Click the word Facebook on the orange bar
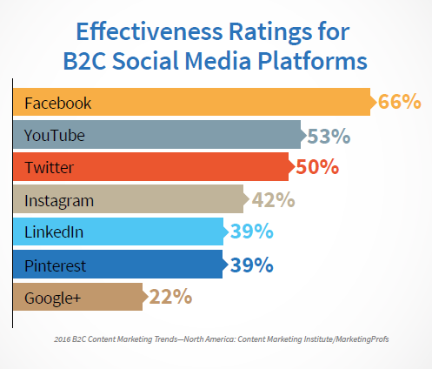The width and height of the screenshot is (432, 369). pos(58,103)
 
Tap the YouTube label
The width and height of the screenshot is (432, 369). pos(55,136)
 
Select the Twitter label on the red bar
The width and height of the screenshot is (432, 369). pos(50,167)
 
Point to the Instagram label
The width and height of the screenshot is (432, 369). pos(59,201)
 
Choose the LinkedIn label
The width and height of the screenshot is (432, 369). pos(54,232)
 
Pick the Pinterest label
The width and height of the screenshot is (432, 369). pos(55,265)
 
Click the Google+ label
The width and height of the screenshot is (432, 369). pos(52,299)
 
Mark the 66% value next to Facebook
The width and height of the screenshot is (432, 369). pos(400,101)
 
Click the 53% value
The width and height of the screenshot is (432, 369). pos(329,136)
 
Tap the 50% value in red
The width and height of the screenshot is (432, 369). pos(317,167)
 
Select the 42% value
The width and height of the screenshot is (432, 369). pos(273,199)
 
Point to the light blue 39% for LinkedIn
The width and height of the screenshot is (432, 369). pos(251,231)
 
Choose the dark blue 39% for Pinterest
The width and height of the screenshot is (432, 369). pos(251,265)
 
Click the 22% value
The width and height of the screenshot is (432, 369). pos(170,297)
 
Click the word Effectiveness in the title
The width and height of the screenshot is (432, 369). pos(150,31)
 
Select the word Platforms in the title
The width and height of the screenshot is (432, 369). pos(312,61)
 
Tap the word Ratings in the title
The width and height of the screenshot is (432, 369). pos(270,33)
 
